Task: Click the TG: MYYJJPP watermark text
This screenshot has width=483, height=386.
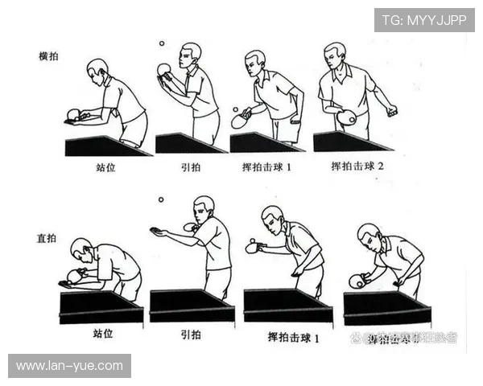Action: tap(423, 20)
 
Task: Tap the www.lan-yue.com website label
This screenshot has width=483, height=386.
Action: tap(69, 366)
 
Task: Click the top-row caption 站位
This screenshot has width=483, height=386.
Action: tap(106, 169)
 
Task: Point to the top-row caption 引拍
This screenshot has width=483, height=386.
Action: tap(189, 169)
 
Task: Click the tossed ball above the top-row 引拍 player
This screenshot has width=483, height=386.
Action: tap(161, 44)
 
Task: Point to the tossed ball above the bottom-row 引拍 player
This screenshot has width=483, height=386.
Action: tap(161, 199)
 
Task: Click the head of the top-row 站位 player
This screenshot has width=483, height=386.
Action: tap(97, 68)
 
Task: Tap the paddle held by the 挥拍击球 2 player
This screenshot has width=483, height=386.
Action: tap(347, 117)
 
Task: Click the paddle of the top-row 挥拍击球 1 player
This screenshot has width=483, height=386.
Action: tap(241, 121)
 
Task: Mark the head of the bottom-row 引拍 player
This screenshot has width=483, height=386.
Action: tap(204, 207)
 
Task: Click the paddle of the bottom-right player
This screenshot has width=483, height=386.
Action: tap(358, 280)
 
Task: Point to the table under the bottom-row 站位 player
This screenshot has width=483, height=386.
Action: tap(101, 307)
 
